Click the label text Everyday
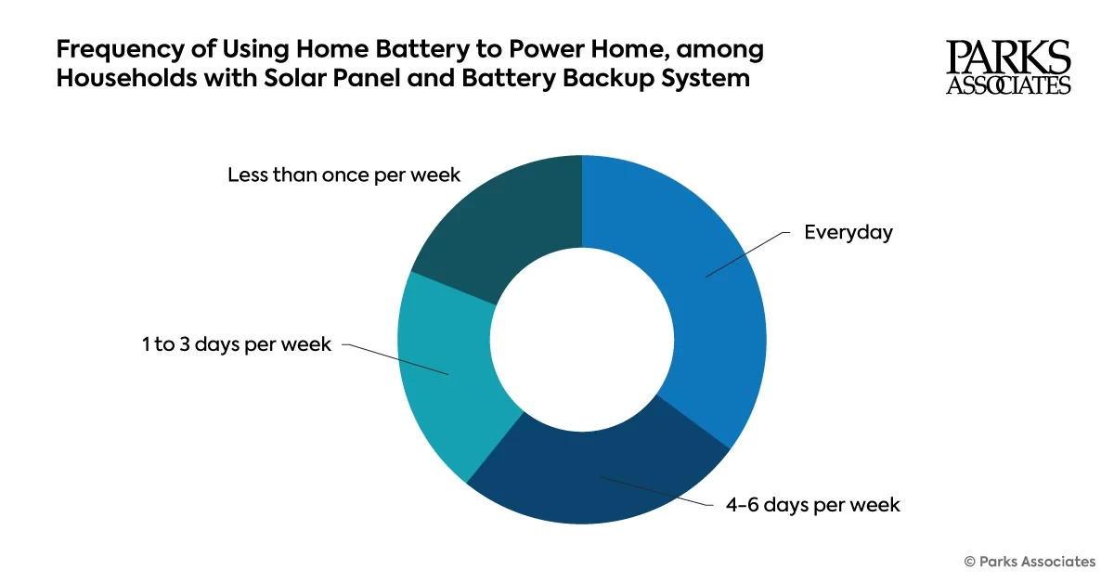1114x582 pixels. (848, 232)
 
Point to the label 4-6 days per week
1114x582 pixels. (813, 505)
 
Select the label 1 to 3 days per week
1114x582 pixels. (237, 344)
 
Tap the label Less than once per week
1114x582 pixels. (343, 175)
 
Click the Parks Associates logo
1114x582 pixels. (1008, 68)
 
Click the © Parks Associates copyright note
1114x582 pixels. (1030, 561)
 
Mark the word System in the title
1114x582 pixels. (704, 78)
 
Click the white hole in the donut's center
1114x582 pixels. (582, 340)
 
